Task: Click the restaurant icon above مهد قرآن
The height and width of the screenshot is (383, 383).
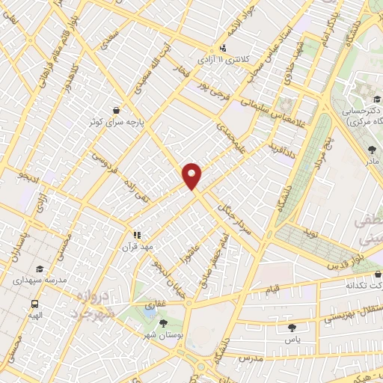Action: [x=137, y=234]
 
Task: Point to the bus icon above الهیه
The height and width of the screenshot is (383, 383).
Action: [x=34, y=304]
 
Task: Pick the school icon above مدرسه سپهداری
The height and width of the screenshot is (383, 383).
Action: [x=38, y=269]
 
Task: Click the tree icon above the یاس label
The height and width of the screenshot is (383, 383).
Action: [x=291, y=326]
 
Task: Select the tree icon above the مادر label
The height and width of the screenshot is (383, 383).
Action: [x=372, y=150]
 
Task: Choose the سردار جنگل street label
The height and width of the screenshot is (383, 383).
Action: [x=232, y=211]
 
